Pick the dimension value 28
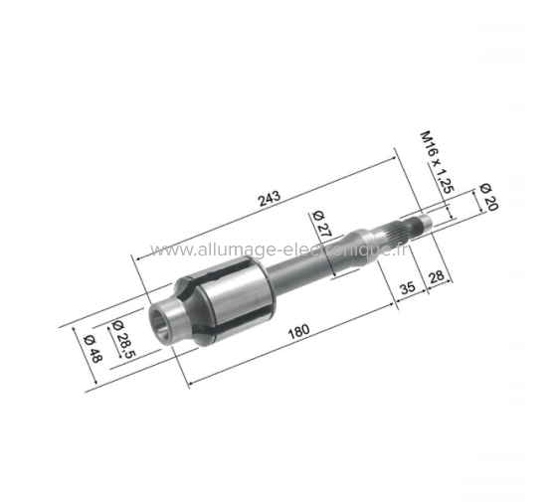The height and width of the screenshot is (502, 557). [x=435, y=275]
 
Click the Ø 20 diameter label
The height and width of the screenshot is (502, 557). [x=487, y=196]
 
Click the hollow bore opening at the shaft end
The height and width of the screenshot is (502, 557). [x=165, y=321]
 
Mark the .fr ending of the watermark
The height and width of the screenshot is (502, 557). [x=400, y=249]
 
